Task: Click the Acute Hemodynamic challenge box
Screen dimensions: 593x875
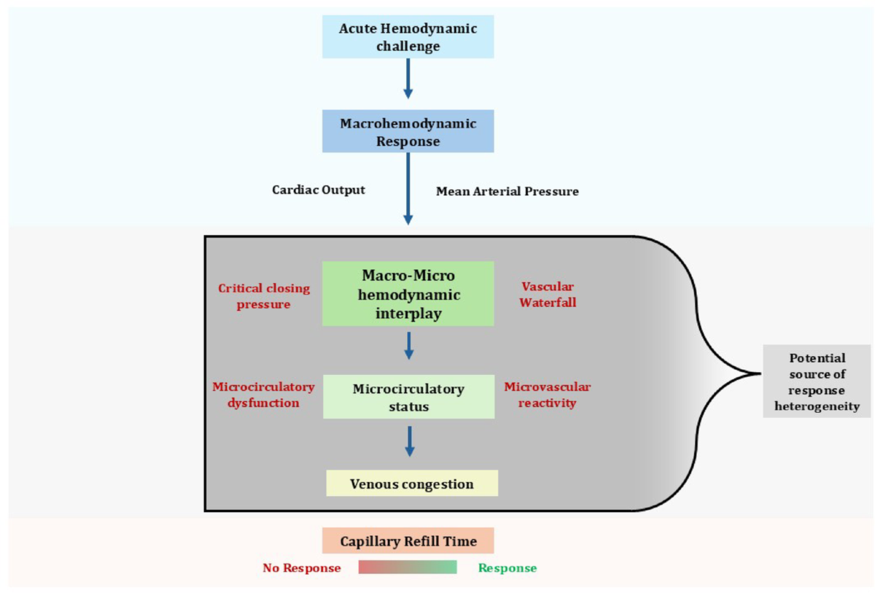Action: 408,37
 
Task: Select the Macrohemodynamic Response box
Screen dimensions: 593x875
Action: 408,131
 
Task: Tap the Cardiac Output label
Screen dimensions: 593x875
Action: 319,190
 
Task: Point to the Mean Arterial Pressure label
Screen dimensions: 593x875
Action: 507,192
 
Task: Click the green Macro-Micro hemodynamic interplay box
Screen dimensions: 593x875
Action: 408,293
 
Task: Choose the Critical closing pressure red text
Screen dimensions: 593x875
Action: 264,296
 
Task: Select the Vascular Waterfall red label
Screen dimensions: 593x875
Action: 548,294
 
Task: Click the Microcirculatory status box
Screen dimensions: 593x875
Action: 408,398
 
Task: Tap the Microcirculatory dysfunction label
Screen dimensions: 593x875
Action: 263,394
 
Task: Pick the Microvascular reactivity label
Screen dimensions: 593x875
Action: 548,394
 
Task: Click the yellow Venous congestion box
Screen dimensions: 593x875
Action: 412,484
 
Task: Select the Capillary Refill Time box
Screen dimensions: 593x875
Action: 408,541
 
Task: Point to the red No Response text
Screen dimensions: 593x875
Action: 302,567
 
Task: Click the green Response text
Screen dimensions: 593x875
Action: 507,567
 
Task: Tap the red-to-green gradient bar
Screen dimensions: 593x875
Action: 408,567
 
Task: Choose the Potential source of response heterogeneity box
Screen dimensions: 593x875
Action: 817,381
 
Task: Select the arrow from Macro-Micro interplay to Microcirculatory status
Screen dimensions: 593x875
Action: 409,345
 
